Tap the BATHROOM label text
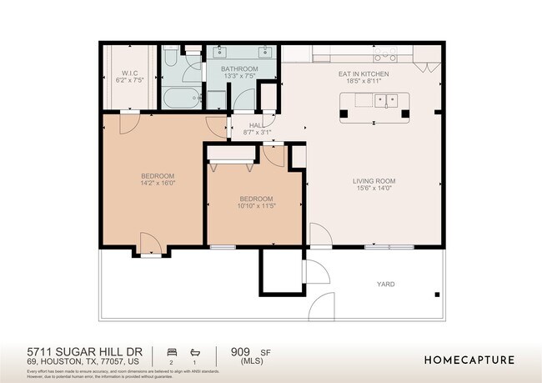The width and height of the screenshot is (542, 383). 238,68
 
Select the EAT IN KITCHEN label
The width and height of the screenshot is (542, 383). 363,73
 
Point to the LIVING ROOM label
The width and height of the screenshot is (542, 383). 373,180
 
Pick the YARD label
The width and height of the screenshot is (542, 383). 385,284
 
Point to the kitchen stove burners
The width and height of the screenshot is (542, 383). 384,55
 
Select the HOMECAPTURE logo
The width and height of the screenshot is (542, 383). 469,360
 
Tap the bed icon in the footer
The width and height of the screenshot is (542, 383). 172,352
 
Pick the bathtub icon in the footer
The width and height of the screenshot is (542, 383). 195,352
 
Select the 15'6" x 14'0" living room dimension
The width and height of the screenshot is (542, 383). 373,189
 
